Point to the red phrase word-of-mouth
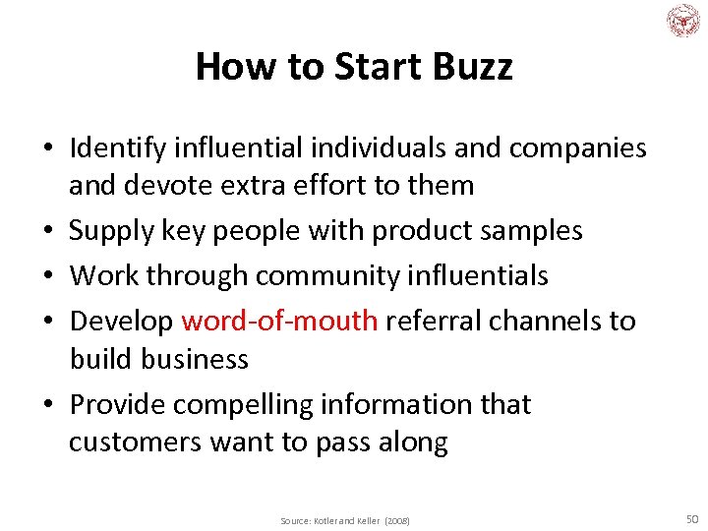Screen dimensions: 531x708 click(280, 322)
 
